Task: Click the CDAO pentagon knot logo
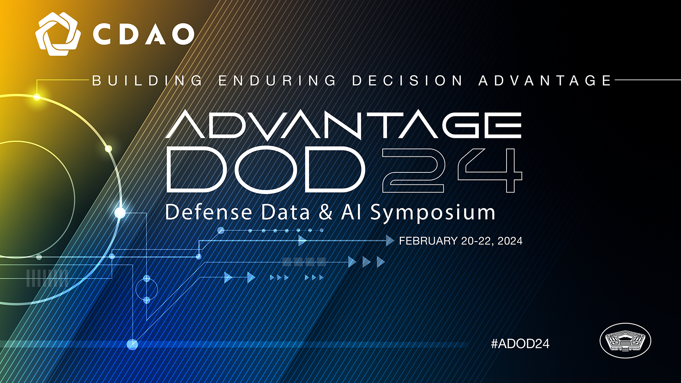click(58, 34)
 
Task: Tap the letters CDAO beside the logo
click(144, 34)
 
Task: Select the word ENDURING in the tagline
click(277, 81)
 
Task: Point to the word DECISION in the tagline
click(407, 81)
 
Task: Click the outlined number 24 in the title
click(452, 170)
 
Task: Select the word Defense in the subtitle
click(209, 212)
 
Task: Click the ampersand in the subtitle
click(326, 212)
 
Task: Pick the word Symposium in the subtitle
click(433, 213)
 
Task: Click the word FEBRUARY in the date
click(428, 241)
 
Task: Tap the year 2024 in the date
click(510, 241)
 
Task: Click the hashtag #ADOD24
click(520, 343)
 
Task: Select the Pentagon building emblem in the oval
click(625, 340)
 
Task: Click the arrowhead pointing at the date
click(390, 240)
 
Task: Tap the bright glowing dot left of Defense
click(120, 213)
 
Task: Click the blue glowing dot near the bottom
click(132, 344)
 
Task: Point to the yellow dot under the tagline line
click(37, 97)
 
